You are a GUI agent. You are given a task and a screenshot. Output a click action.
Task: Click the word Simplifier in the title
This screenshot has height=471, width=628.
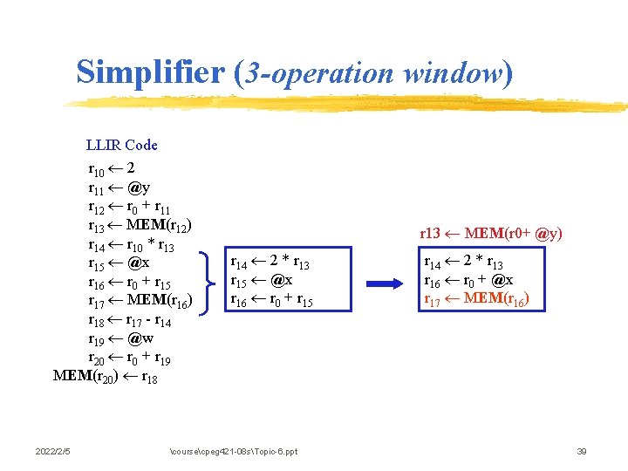pyautogui.click(x=151, y=72)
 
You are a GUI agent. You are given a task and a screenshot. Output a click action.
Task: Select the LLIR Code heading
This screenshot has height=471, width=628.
pyautogui.click(x=122, y=145)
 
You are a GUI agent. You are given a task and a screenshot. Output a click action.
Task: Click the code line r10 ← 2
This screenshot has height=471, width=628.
pyautogui.click(x=111, y=167)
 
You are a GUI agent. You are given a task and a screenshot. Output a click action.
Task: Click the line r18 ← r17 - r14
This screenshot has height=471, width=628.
pyautogui.click(x=131, y=321)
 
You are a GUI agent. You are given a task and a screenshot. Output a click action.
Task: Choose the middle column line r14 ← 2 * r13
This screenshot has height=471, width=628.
pyautogui.click(x=270, y=263)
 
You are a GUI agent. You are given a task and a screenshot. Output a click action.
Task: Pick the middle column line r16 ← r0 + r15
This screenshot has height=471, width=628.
pyautogui.click(x=271, y=301)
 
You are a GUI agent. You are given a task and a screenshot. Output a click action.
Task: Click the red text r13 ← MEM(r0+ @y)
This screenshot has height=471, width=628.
pyautogui.click(x=491, y=233)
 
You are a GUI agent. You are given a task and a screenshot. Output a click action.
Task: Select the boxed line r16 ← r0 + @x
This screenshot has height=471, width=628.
pyautogui.click(x=468, y=281)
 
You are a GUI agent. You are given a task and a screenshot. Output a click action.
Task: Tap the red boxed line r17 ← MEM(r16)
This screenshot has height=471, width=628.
pyautogui.click(x=475, y=299)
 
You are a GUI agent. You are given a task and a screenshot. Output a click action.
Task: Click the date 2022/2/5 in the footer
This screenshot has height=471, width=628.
pyautogui.click(x=53, y=451)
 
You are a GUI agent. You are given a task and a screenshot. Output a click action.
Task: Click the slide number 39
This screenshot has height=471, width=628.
pyautogui.click(x=582, y=451)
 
